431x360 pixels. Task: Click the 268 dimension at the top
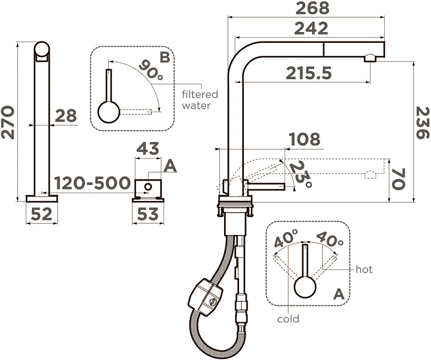click(x=312, y=8)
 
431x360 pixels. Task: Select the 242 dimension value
click(x=311, y=28)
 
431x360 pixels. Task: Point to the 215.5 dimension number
click(x=309, y=73)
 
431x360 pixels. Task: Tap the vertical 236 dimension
click(x=423, y=123)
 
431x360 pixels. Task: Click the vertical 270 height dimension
click(x=8, y=123)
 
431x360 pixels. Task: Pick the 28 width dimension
click(x=66, y=116)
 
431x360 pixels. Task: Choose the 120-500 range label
click(x=92, y=183)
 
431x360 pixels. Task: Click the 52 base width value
click(x=41, y=214)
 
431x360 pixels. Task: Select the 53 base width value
click(x=148, y=214)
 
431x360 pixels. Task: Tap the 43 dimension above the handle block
click(x=148, y=148)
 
